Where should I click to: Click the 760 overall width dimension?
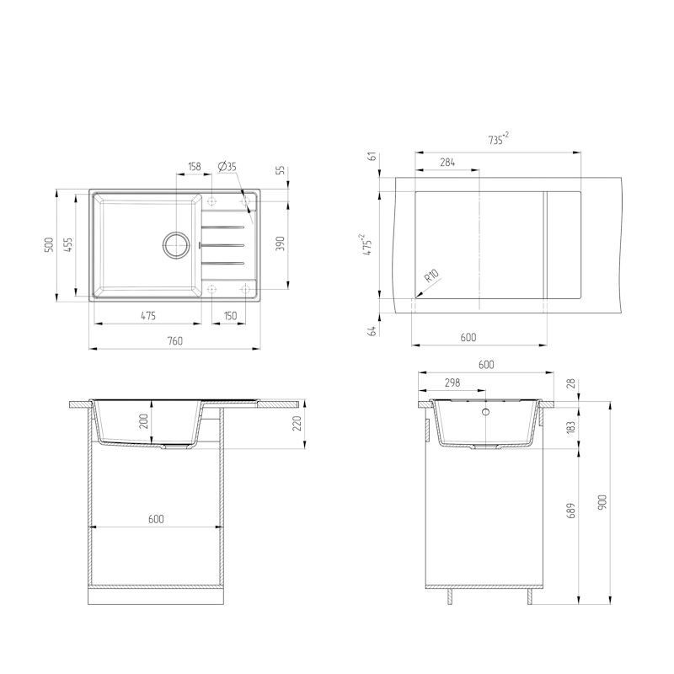coord(175,341)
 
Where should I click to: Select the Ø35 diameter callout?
coord(227,166)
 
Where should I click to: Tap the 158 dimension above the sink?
coord(195,166)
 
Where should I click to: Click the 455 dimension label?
coord(68,244)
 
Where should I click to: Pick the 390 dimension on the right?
coord(280,244)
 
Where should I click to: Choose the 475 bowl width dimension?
coord(148,316)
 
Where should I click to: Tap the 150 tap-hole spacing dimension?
coord(230,316)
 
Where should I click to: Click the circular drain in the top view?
coord(176,245)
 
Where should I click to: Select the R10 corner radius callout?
coord(431,275)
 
